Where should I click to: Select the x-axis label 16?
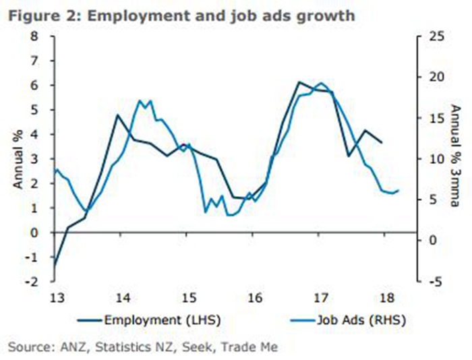click(254, 297)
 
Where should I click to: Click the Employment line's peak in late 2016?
click(299, 82)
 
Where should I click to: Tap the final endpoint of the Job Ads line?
click(399, 190)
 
